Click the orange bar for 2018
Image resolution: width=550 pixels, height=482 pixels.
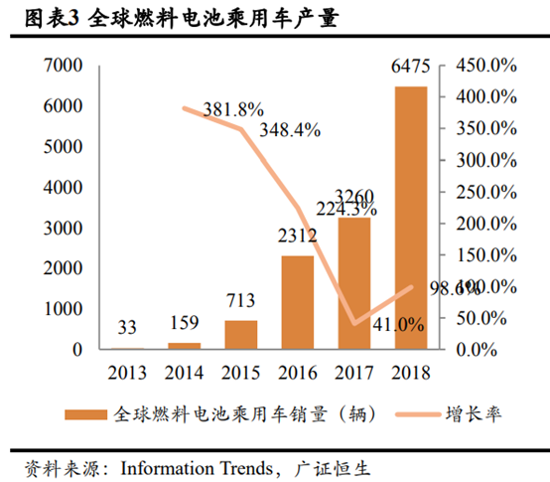(x=411, y=218)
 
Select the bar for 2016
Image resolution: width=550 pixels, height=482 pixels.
(x=297, y=302)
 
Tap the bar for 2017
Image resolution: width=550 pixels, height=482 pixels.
(x=354, y=283)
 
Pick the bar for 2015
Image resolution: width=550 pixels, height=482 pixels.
(x=240, y=335)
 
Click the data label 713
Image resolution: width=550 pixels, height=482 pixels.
(x=240, y=301)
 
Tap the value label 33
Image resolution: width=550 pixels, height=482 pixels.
(x=127, y=328)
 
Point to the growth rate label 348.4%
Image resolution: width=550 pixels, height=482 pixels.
(x=290, y=130)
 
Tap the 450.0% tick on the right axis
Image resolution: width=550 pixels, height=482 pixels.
(x=484, y=65)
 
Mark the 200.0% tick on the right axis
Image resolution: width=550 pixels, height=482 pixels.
(x=484, y=224)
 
